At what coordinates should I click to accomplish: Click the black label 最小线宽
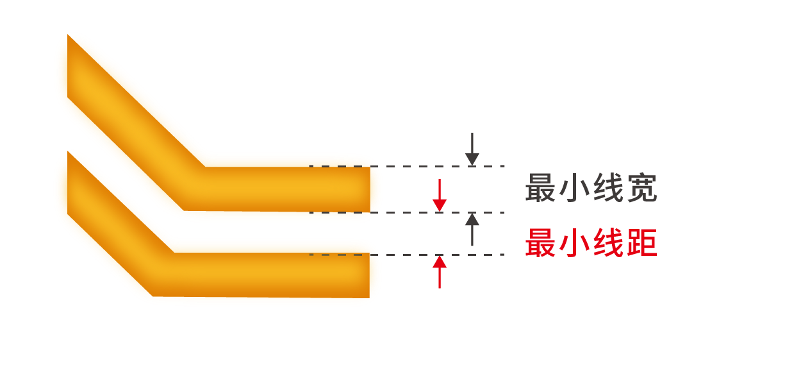(x=591, y=188)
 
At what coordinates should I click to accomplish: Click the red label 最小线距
(x=591, y=242)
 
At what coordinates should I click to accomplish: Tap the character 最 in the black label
(x=540, y=188)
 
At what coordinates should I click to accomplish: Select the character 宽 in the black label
(x=642, y=188)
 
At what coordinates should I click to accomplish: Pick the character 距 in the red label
(x=642, y=242)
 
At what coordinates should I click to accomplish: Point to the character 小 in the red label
(x=574, y=242)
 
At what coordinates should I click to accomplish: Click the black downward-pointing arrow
(x=472, y=149)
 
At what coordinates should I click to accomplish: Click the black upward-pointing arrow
(x=472, y=230)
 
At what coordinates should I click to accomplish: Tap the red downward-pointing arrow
(x=440, y=196)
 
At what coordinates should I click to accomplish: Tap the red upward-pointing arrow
(x=440, y=272)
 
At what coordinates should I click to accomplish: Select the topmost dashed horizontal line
(x=407, y=166)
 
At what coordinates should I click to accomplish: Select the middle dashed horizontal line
(x=407, y=213)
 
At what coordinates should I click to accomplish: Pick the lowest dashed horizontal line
(x=407, y=255)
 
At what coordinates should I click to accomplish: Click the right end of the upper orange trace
(x=369, y=189)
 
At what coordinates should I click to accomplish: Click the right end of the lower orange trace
(x=368, y=275)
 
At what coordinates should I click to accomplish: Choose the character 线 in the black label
(x=608, y=188)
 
